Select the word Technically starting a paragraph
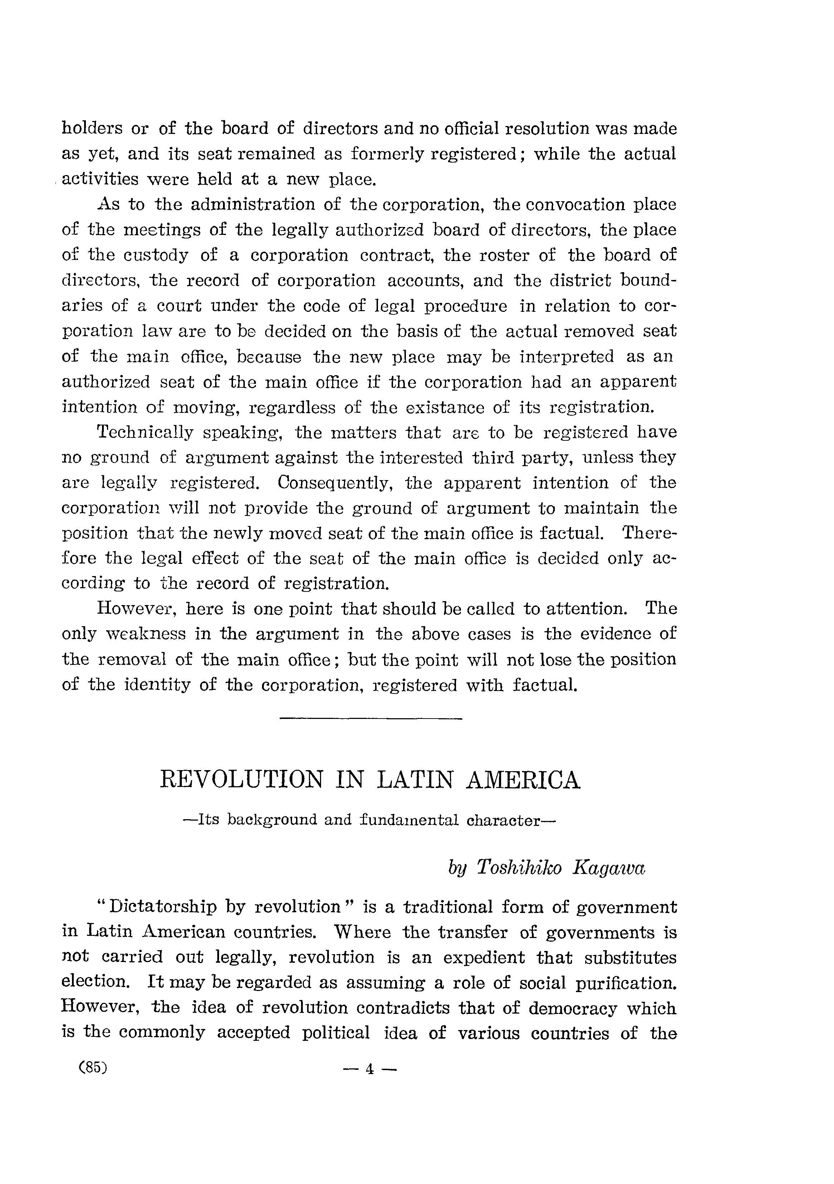145,432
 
